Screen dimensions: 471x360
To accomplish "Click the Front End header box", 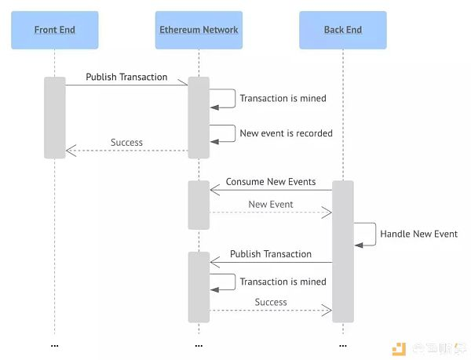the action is coord(55,30).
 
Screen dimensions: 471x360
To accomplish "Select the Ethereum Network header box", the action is coord(199,30).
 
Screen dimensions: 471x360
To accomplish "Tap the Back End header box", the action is coord(343,30).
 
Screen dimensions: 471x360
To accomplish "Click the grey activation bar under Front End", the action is coord(55,118).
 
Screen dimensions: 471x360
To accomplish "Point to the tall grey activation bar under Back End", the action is coord(343,252).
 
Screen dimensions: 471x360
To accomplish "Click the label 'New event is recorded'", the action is coord(286,133).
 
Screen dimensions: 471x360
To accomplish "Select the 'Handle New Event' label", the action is coord(418,234).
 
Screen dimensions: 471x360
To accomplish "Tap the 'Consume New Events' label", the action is coord(271,182).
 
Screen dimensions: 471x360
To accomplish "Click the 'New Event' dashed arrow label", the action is coord(271,204).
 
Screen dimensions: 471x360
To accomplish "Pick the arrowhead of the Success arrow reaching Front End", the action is coord(71,151).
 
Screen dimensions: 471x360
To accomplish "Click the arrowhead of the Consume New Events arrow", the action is coord(214,190).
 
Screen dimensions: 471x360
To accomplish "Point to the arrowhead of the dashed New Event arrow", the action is coord(327,213).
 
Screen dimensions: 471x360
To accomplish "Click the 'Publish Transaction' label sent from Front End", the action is coord(126,77).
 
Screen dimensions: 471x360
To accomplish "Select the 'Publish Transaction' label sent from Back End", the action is coord(271,254).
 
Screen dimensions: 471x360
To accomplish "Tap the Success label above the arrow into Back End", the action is coord(271,302).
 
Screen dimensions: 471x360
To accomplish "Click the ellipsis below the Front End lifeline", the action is coord(55,346).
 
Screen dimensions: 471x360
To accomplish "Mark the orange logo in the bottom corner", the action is coord(399,349).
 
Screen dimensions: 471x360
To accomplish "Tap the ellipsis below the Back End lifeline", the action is coord(343,346).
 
